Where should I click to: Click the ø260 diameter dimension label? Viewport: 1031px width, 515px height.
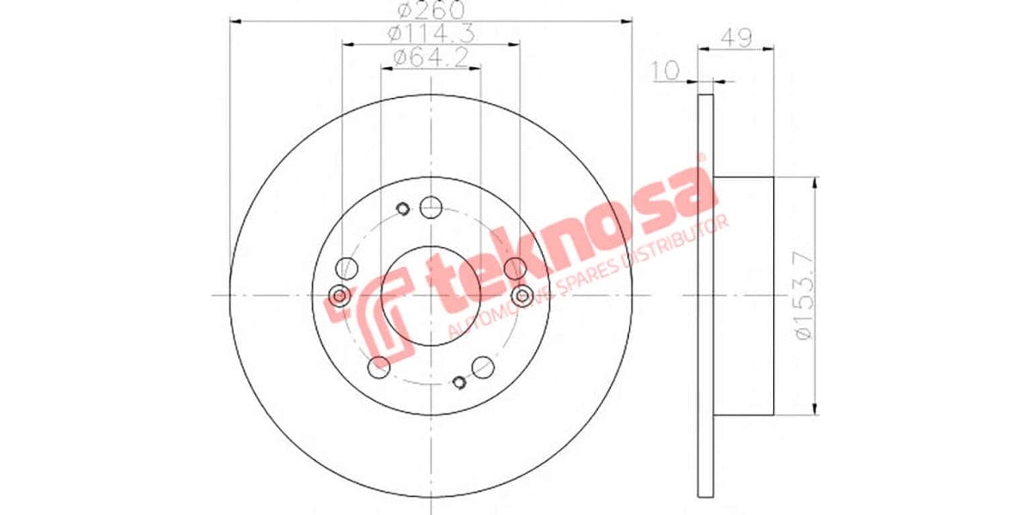[430, 10]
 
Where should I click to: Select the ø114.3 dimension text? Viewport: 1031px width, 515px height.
[430, 34]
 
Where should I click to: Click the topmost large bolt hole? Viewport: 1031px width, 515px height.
[430, 206]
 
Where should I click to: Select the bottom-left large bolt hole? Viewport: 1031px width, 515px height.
[377, 367]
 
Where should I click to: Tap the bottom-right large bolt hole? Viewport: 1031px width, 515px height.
[484, 367]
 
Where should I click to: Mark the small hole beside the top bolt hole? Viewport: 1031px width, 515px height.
[401, 207]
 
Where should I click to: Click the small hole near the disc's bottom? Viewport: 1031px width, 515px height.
[460, 382]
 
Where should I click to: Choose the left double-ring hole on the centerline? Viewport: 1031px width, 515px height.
[339, 296]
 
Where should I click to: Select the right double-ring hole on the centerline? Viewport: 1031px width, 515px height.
[522, 296]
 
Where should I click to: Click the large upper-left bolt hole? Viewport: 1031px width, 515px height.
[345, 268]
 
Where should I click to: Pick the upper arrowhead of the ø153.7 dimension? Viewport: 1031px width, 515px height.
[814, 183]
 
